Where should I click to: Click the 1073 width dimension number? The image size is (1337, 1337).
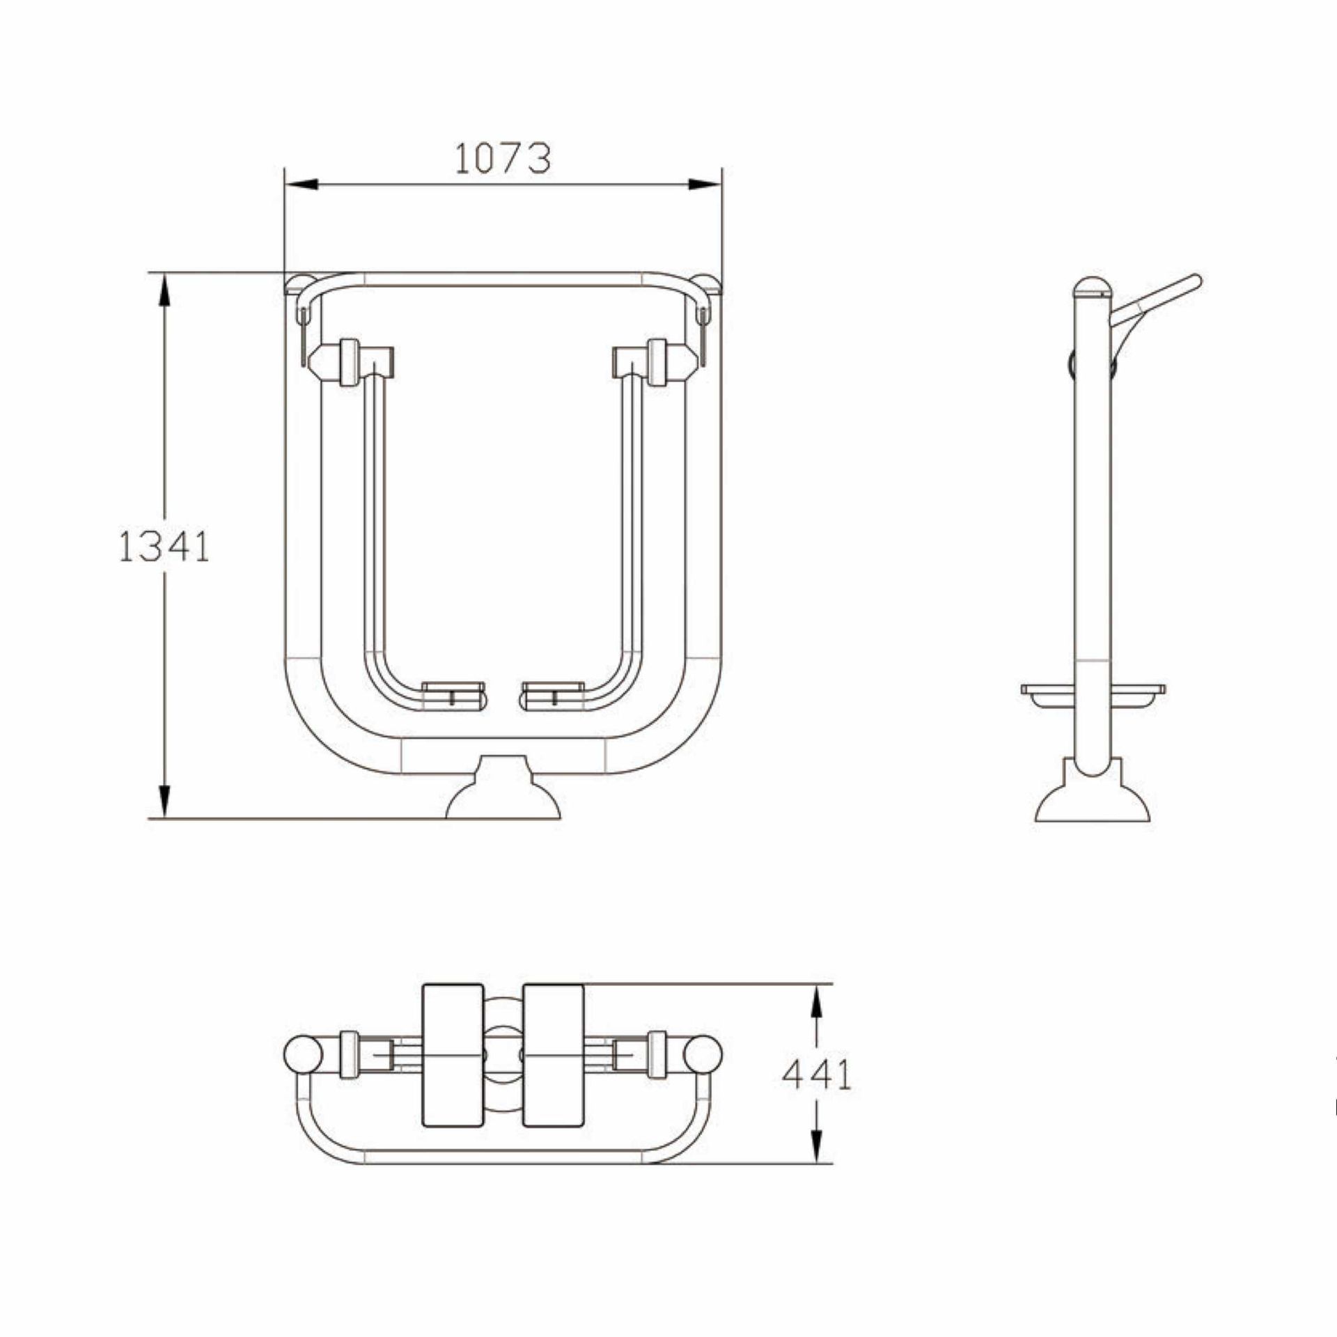click(x=503, y=159)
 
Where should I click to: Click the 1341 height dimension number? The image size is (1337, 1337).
click(x=164, y=547)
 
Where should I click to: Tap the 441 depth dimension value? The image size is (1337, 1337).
click(x=817, y=1095)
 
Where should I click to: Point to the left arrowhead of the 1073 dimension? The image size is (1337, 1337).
click(x=301, y=185)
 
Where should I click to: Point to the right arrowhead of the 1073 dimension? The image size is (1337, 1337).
click(x=705, y=185)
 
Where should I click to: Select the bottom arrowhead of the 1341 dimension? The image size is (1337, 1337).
click(x=164, y=802)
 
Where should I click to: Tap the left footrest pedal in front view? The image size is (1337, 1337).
click(x=453, y=696)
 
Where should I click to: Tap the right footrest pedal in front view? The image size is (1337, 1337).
click(x=553, y=696)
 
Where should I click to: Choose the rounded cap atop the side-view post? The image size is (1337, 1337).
click(x=1092, y=286)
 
